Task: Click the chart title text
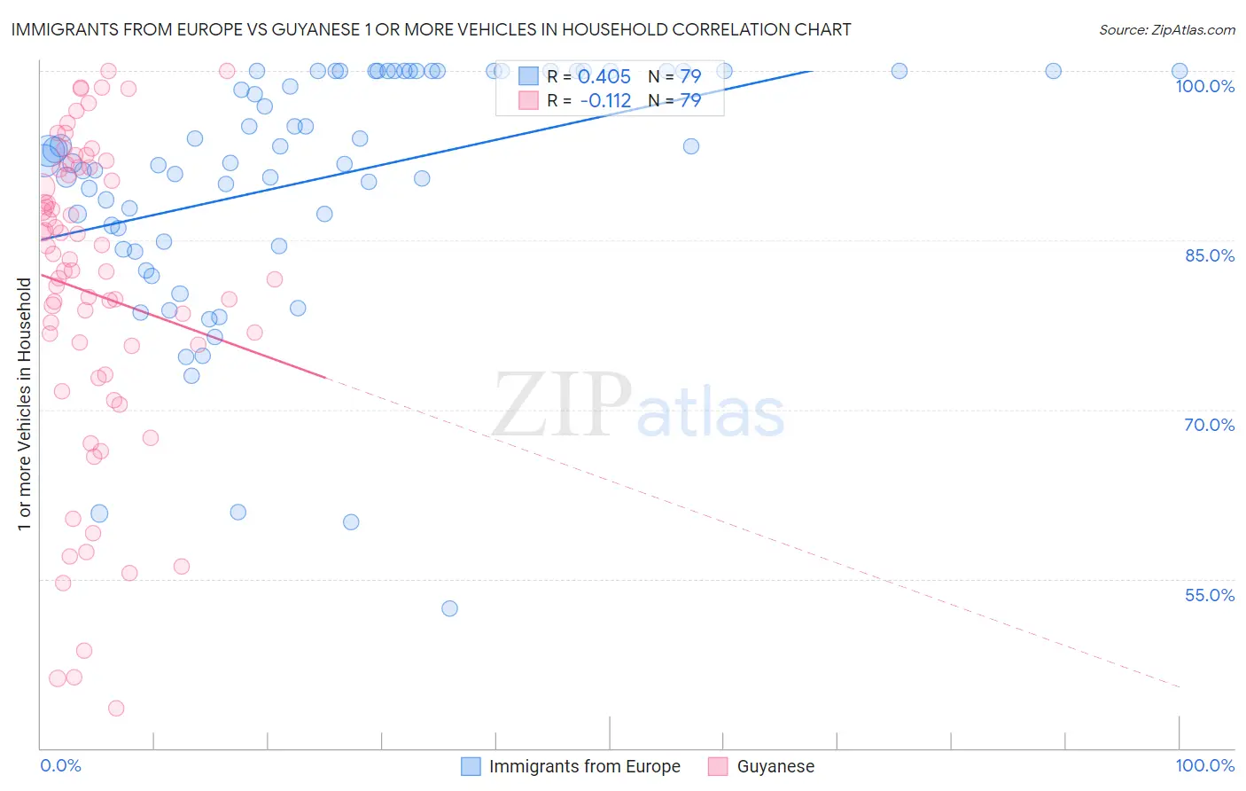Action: point(431,29)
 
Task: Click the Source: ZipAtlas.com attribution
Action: point(1166,29)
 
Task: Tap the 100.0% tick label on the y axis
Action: point(1204,86)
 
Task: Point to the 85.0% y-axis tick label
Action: point(1209,255)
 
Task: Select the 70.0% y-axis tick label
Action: point(1209,425)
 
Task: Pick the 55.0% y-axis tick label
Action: point(1209,595)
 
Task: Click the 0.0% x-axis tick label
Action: point(60,765)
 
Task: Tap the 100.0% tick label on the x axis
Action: point(1204,765)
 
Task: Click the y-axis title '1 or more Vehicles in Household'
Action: point(24,404)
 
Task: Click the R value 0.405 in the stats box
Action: point(604,77)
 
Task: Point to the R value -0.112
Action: point(605,101)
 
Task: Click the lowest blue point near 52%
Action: point(449,608)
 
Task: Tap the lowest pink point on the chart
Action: point(116,708)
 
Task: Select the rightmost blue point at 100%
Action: point(1180,71)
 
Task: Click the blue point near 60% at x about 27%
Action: point(351,522)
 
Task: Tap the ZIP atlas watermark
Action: point(638,404)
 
